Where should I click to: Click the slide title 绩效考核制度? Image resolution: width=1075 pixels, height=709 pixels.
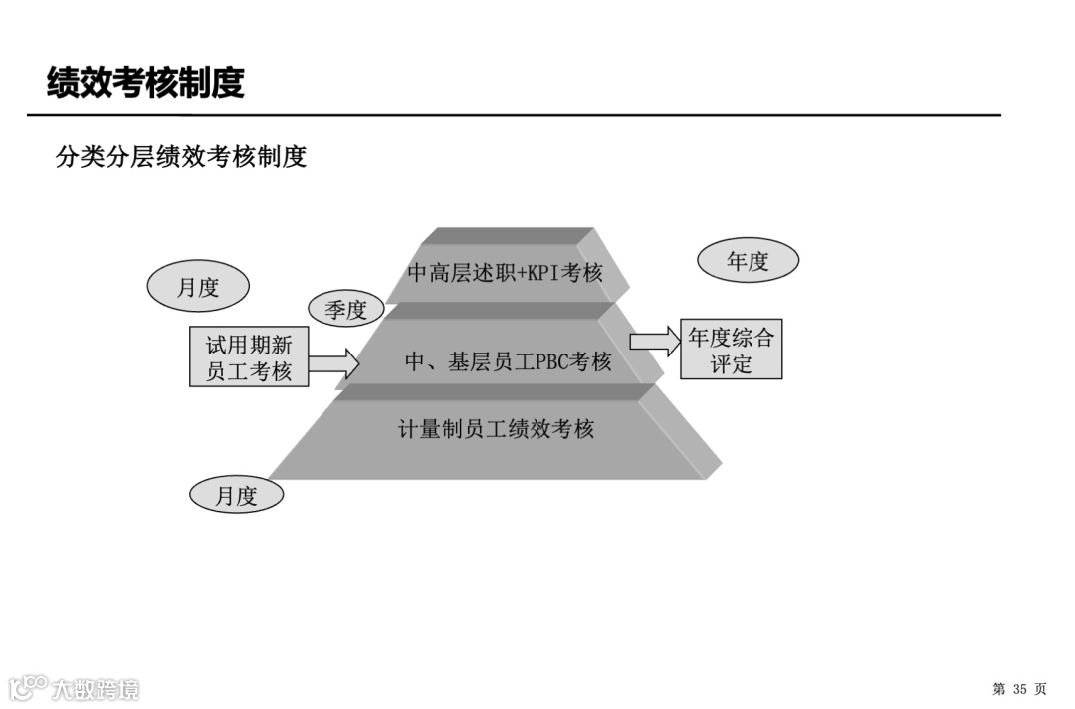pos(145,83)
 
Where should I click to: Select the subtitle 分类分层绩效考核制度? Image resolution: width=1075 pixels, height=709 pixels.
pos(181,156)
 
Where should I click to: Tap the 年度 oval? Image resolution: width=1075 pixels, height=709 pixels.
pos(748,261)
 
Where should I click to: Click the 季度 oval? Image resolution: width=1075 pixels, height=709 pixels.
pos(345,310)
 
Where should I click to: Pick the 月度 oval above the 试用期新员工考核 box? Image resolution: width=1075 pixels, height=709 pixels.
pos(197,288)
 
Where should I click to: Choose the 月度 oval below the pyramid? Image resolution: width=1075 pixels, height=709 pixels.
pos(236,495)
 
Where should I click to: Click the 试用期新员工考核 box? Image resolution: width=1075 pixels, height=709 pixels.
pos(249,358)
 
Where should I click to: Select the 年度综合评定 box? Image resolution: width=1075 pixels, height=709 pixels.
pos(731,350)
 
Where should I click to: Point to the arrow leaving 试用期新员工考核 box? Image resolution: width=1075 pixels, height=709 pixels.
pos(333,363)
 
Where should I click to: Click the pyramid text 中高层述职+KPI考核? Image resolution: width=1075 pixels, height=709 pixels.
pos(505,272)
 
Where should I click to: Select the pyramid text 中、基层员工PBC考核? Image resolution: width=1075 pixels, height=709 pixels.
pos(508,362)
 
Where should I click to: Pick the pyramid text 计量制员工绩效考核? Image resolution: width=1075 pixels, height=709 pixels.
pos(496,429)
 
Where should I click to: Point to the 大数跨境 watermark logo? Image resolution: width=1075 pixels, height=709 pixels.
pos(74,688)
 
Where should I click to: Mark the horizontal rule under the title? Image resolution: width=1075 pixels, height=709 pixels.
pos(514,115)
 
